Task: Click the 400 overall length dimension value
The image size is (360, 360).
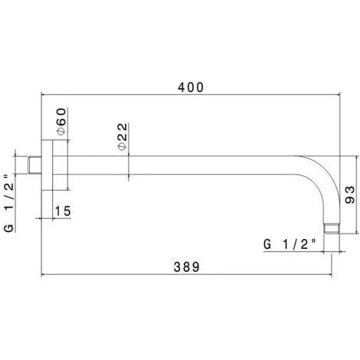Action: [191, 87]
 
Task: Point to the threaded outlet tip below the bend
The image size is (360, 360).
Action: [331, 227]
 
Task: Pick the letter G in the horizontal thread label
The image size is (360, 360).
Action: [267, 244]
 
